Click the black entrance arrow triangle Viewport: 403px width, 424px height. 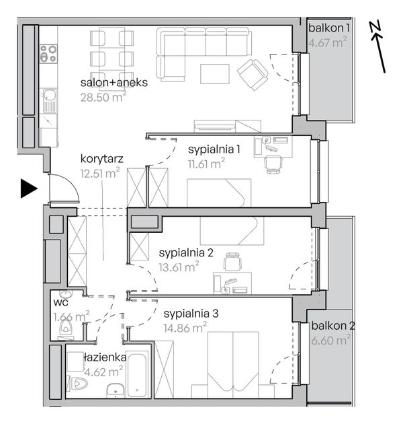(x=28, y=188)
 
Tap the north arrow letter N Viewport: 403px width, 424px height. (x=375, y=26)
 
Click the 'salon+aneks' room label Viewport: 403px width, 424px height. (x=114, y=83)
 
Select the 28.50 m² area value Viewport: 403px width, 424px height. (x=103, y=97)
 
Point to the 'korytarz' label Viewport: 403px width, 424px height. (x=102, y=159)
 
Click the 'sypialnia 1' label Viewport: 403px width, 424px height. (x=214, y=149)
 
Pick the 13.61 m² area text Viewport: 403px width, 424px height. (x=179, y=267)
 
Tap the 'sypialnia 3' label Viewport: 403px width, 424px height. (x=191, y=314)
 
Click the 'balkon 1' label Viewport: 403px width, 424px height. (x=329, y=28)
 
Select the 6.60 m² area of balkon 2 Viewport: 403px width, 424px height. (x=331, y=340)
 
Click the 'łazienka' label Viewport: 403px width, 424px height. (x=105, y=357)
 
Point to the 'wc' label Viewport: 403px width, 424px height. (x=60, y=303)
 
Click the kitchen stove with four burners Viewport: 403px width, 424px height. (x=48, y=53)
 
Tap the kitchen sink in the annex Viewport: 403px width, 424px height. (x=49, y=100)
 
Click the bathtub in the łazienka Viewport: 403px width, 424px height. (x=137, y=374)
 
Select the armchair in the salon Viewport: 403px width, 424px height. (x=253, y=74)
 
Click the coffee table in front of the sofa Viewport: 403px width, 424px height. (x=215, y=73)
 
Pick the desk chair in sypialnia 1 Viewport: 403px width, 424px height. (x=274, y=164)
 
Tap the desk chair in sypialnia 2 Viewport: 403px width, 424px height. (x=232, y=262)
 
